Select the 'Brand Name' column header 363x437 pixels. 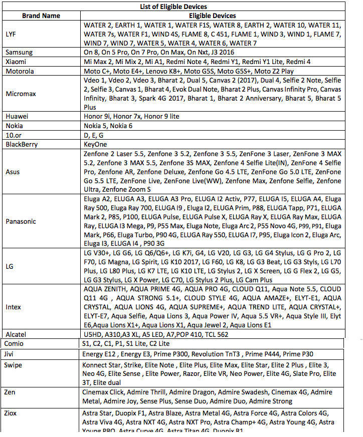42,16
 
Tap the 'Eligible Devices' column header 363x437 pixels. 213,16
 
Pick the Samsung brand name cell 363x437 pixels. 19,52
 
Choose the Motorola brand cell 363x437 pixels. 20,71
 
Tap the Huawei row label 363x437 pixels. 17,116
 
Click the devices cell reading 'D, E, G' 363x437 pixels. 94,135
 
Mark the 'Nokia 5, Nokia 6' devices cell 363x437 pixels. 108,126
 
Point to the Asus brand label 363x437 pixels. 13,172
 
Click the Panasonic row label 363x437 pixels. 21,221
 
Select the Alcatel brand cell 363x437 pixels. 17,334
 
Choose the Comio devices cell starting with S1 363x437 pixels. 125,344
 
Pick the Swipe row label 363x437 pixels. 14,365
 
